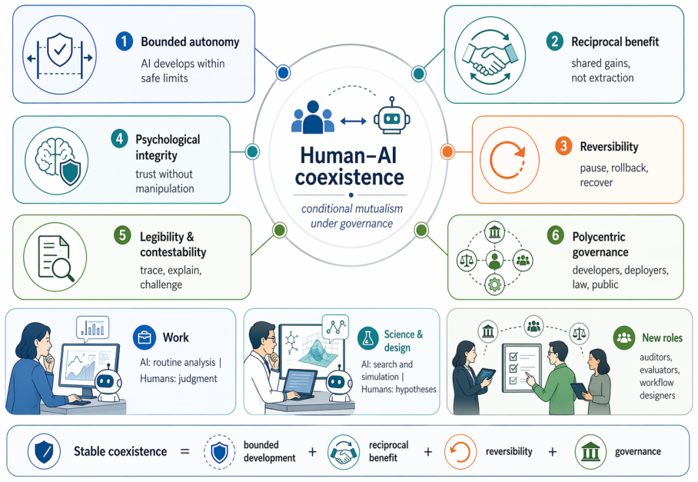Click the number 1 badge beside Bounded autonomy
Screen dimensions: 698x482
[x=125, y=42]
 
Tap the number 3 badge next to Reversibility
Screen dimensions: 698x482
[x=563, y=146]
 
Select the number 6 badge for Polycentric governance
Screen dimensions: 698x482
[x=556, y=235]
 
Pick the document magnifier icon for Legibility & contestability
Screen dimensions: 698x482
[x=55, y=258]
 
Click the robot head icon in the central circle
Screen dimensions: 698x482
[x=392, y=116]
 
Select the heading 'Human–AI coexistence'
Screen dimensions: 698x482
[x=350, y=166]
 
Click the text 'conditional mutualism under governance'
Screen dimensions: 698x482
[x=351, y=216]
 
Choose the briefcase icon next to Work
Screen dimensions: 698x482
[x=145, y=337]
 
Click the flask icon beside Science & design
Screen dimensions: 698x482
[x=367, y=339]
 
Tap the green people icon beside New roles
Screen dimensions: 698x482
[x=624, y=337]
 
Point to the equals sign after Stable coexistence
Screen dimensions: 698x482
[x=184, y=452]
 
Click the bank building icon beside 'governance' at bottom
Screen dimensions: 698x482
[x=590, y=452]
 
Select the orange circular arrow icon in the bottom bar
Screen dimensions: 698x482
[x=460, y=452]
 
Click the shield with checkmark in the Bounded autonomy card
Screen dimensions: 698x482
[x=60, y=49]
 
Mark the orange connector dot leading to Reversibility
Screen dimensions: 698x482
[x=447, y=151]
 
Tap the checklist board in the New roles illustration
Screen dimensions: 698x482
[x=522, y=368]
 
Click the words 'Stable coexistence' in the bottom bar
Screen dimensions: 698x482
[x=120, y=451]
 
